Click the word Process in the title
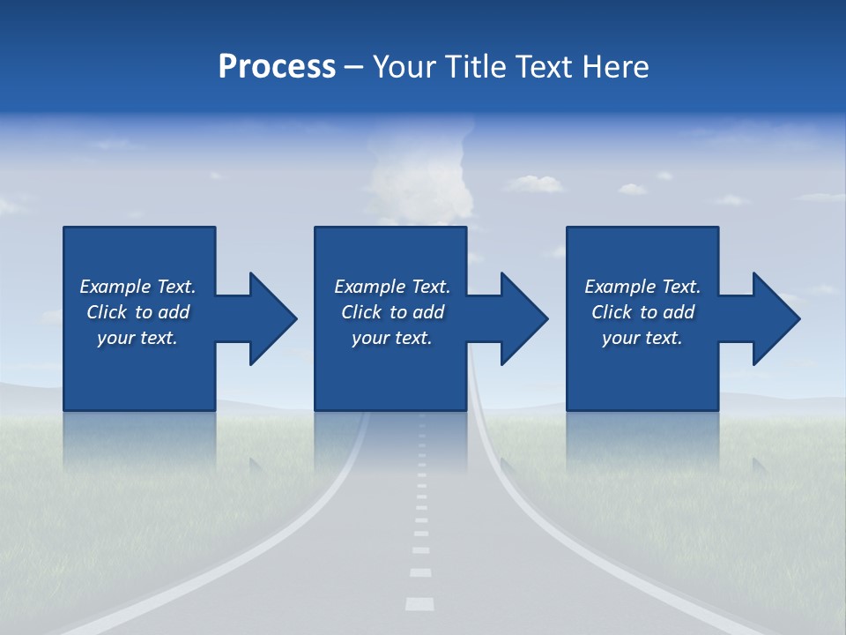277,67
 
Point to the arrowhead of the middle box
523,318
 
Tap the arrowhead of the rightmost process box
775,318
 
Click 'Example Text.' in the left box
137,287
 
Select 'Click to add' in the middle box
392,312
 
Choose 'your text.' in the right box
642,338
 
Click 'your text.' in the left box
137,338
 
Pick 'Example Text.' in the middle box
392,287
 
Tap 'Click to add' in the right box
642,312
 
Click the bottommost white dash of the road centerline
419,604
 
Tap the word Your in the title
404,67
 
